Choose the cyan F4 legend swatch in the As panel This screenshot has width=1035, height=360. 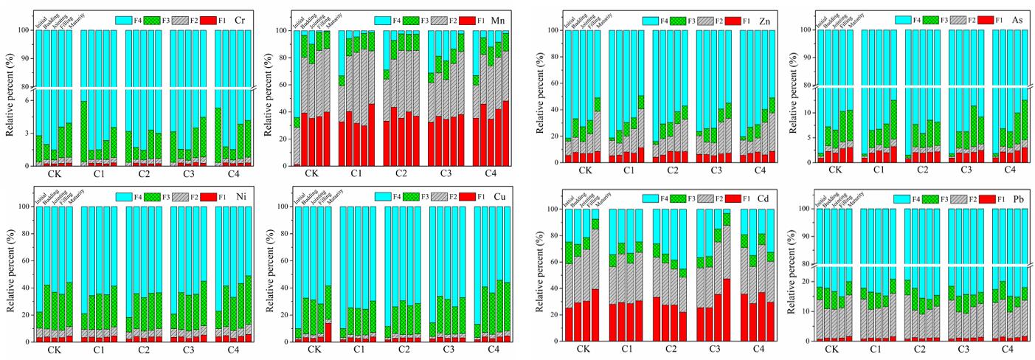click(x=910, y=18)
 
